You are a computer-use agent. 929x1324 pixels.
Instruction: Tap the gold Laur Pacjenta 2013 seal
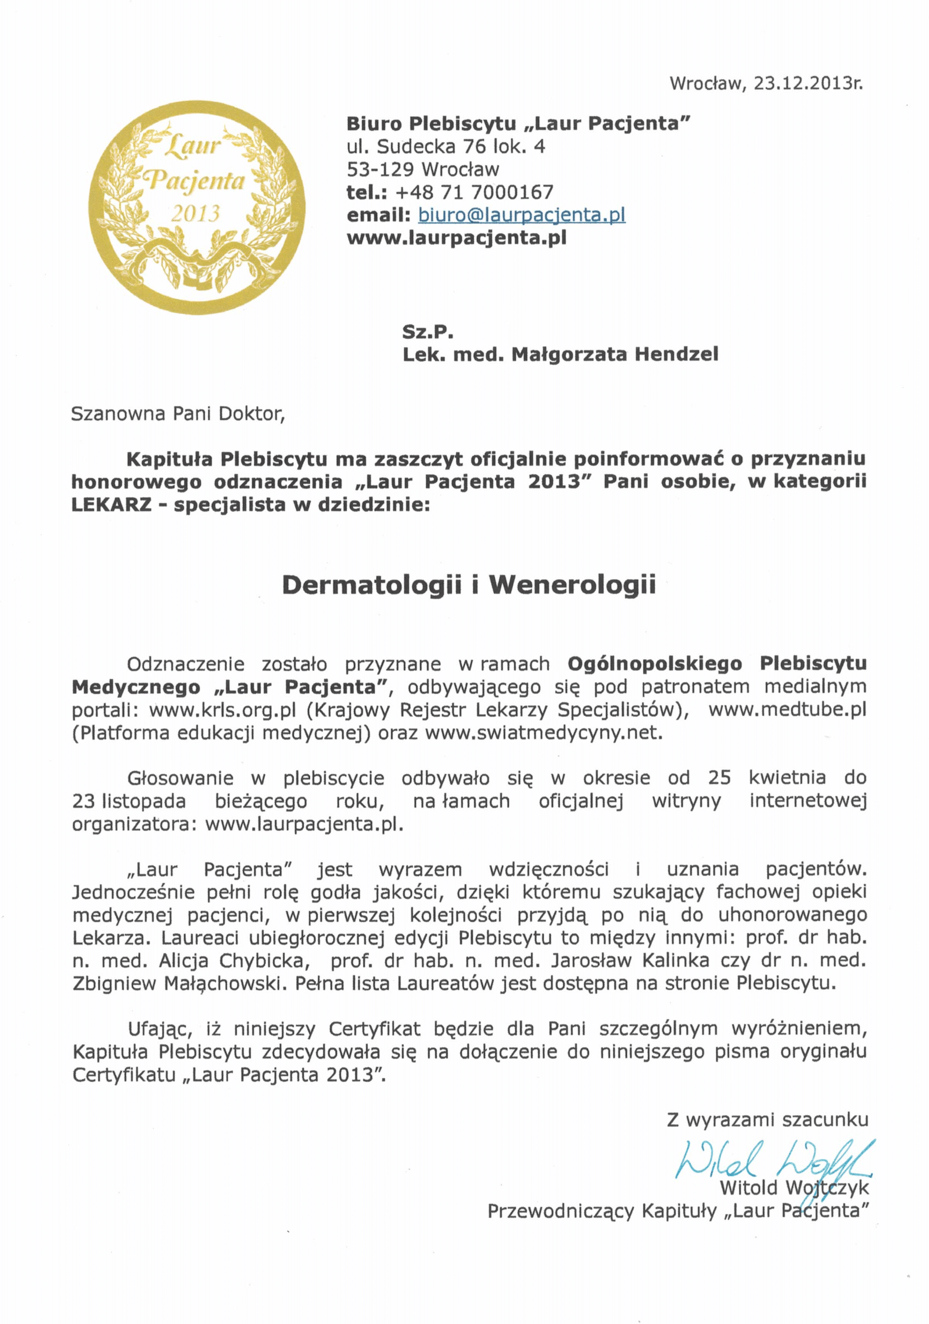click(x=197, y=207)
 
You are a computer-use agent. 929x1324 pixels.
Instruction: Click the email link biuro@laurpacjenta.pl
click(x=521, y=215)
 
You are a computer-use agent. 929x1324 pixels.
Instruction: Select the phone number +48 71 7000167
click(x=474, y=192)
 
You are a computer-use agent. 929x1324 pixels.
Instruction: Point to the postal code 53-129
click(x=380, y=169)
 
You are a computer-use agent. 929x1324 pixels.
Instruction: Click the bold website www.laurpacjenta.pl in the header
click(x=456, y=238)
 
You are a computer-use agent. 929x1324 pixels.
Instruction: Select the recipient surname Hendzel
click(x=676, y=354)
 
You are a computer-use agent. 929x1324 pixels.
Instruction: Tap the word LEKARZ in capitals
click(x=111, y=505)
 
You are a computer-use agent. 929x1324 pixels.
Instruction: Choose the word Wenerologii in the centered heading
click(x=573, y=585)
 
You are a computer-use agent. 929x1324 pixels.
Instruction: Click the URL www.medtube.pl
click(x=787, y=709)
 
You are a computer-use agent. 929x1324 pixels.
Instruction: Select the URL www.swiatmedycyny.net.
click(x=543, y=733)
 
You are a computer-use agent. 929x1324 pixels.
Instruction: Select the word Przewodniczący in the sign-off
click(x=561, y=1210)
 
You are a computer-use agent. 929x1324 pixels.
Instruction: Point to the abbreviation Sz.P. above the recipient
click(x=427, y=332)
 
